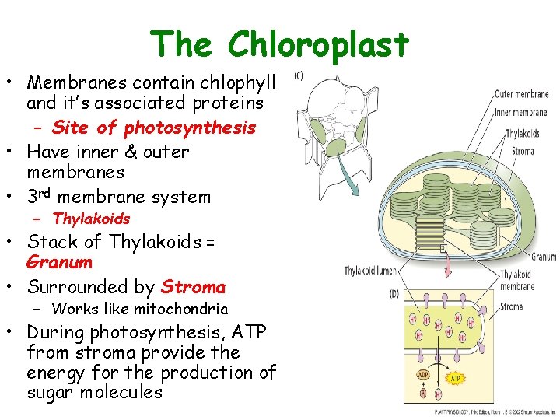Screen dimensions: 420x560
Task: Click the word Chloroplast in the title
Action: pos(318,44)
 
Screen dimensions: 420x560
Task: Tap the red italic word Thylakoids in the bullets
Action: pos(91,219)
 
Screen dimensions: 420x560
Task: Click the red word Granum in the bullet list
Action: pos(59,263)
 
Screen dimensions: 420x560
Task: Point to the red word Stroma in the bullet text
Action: pos(193,287)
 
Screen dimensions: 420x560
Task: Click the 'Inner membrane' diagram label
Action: pos(521,113)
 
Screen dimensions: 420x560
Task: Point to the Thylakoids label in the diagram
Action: pos(523,134)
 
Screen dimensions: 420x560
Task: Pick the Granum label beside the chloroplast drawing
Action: pos(543,257)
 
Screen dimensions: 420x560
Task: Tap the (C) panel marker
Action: pos(298,75)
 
